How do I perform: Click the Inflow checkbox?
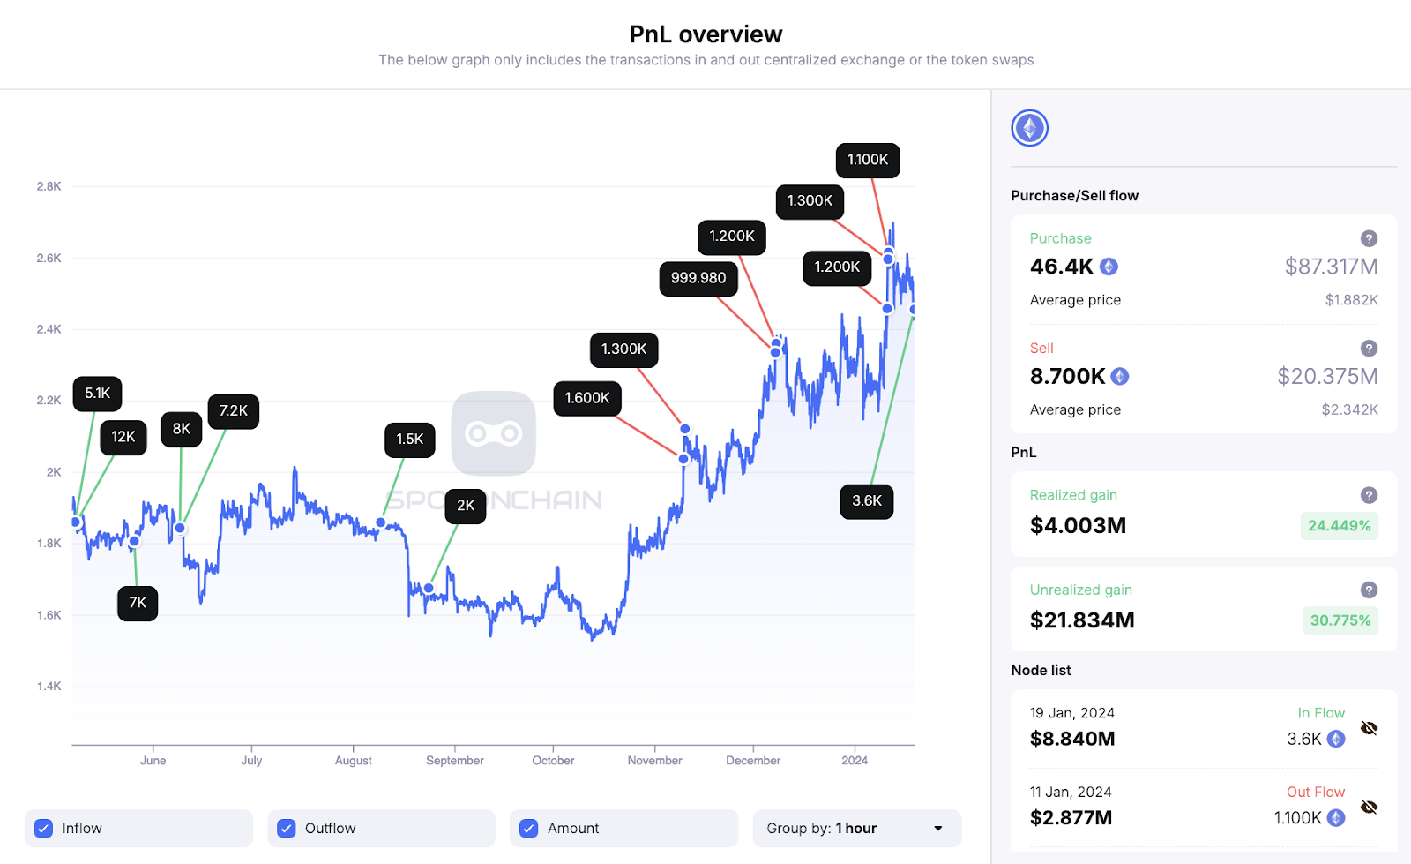43,828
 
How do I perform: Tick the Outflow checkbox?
286,828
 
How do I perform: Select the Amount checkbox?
529,828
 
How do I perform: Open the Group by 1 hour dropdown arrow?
938,828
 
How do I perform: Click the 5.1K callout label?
98,394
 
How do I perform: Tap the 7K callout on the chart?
138,603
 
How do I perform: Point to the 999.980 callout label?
698,278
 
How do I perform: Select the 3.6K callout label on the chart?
867,500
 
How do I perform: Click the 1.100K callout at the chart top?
868,160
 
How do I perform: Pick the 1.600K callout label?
587,398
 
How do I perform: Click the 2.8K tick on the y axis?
49,186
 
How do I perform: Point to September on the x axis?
455,760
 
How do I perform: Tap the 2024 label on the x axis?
855,760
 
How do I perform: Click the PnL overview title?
705,34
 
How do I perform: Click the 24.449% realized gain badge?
1339,525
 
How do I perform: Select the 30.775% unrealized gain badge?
1340,620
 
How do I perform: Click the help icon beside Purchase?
1369,238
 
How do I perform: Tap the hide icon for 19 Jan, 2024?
1369,728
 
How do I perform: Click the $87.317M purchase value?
1331,267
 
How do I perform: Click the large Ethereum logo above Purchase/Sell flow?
1029,128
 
